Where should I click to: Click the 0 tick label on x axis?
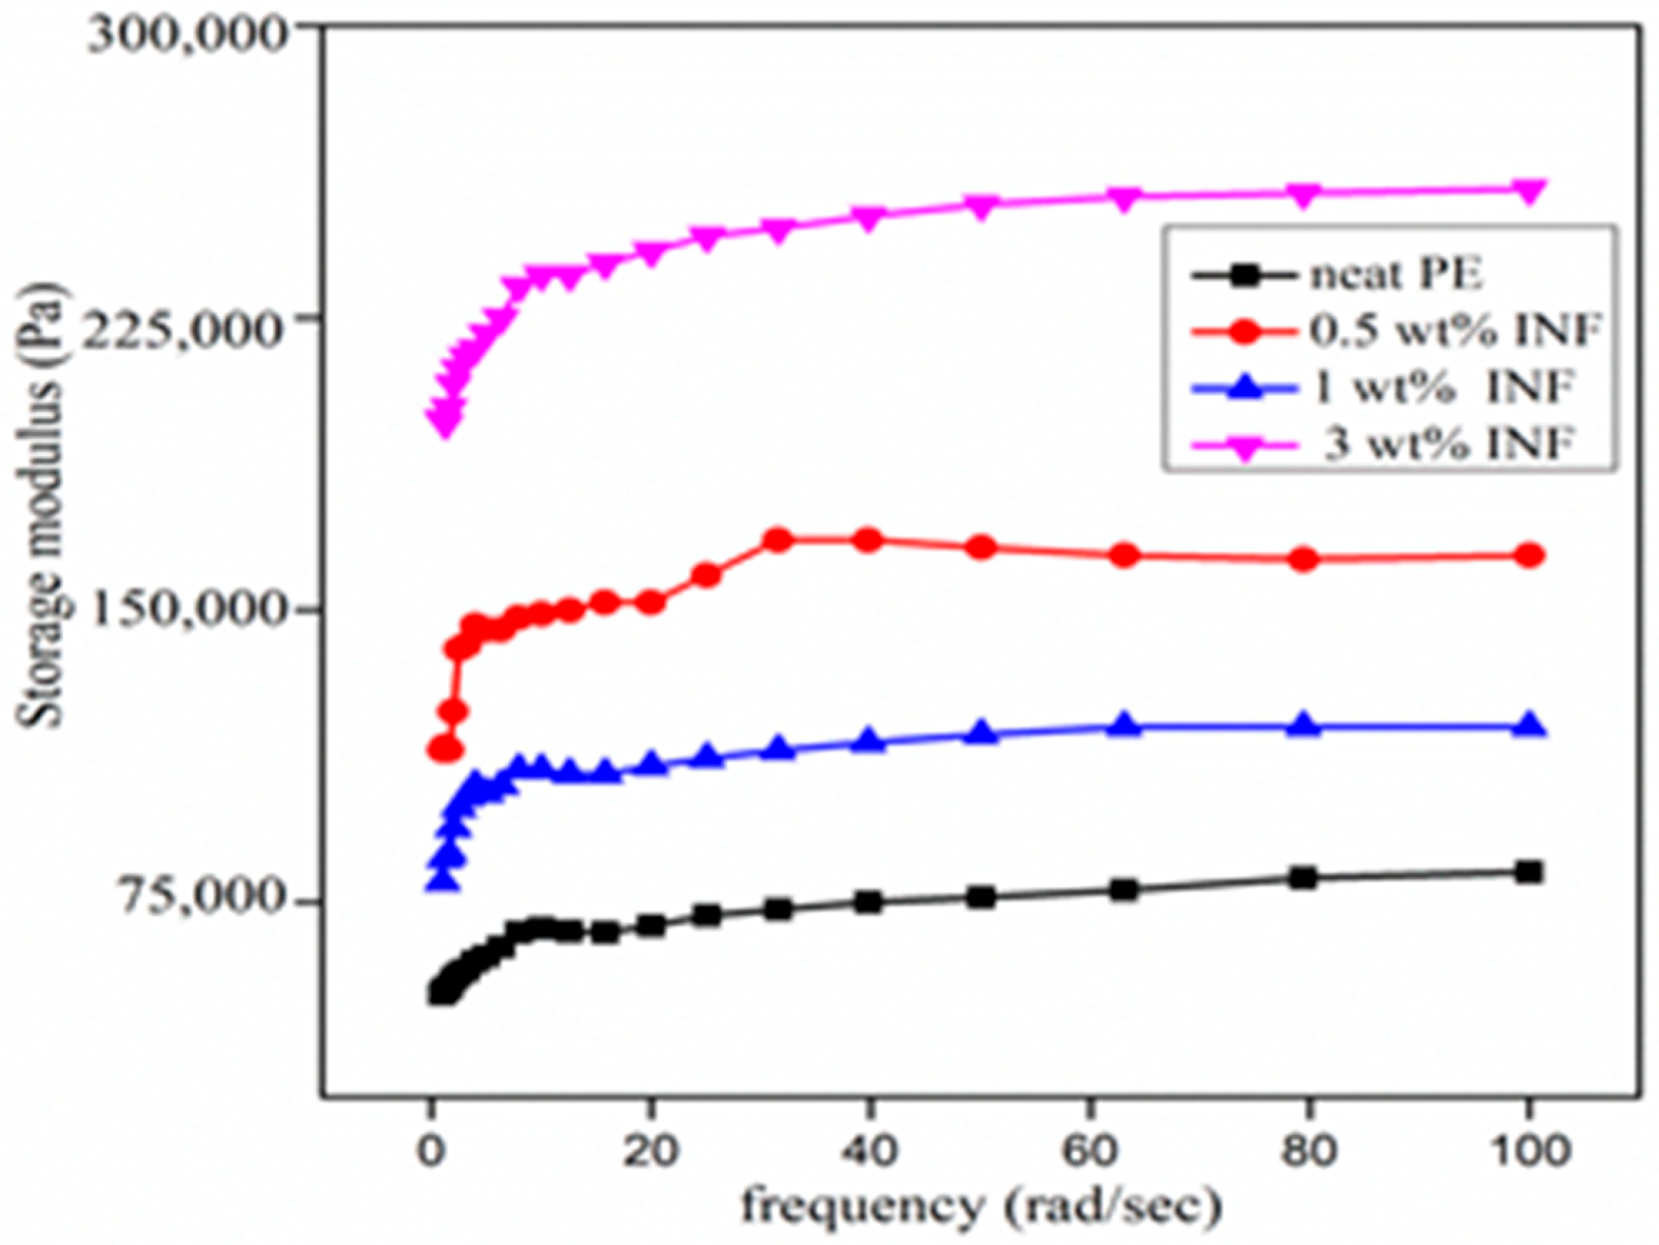[432, 1150]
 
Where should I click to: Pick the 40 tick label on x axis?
[870, 1150]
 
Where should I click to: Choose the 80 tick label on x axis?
[1308, 1150]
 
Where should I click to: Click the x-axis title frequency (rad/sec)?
[980, 1207]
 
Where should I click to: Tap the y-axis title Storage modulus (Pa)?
[41, 503]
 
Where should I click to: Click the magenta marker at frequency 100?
[1528, 191]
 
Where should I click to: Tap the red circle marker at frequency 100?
[1528, 556]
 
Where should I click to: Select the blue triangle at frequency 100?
[1528, 726]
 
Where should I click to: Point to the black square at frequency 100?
[1528, 872]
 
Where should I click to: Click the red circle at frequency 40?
[868, 540]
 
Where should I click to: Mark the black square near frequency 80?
[1304, 877]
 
